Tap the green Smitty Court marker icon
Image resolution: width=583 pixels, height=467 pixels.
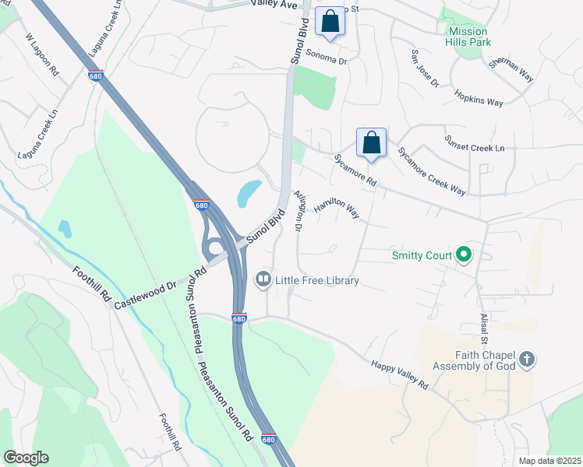point(464,255)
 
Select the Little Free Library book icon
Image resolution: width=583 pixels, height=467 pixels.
point(263,279)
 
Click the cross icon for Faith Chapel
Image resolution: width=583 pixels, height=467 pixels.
point(527,360)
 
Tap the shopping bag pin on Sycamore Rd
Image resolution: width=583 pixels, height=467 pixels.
point(372,142)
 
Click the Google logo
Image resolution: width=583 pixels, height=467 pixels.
point(26,458)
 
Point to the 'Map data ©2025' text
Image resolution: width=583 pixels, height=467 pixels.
point(549,461)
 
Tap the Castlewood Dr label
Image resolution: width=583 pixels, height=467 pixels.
point(148,289)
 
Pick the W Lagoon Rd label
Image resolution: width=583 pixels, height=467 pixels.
point(42,53)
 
